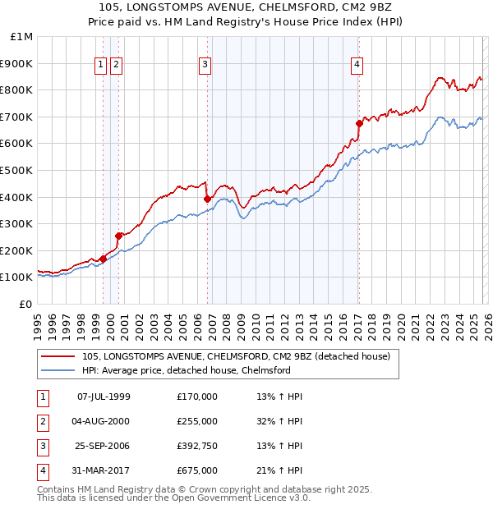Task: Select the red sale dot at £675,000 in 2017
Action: (x=359, y=123)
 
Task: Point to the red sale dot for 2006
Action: (x=207, y=199)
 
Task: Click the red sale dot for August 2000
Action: (x=118, y=236)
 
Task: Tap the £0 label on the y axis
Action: (x=25, y=304)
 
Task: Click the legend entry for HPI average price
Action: (x=186, y=370)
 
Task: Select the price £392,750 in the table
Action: (x=196, y=446)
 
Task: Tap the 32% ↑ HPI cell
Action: (x=279, y=421)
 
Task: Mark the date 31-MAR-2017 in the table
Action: (x=103, y=470)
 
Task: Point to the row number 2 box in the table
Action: (x=42, y=421)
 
